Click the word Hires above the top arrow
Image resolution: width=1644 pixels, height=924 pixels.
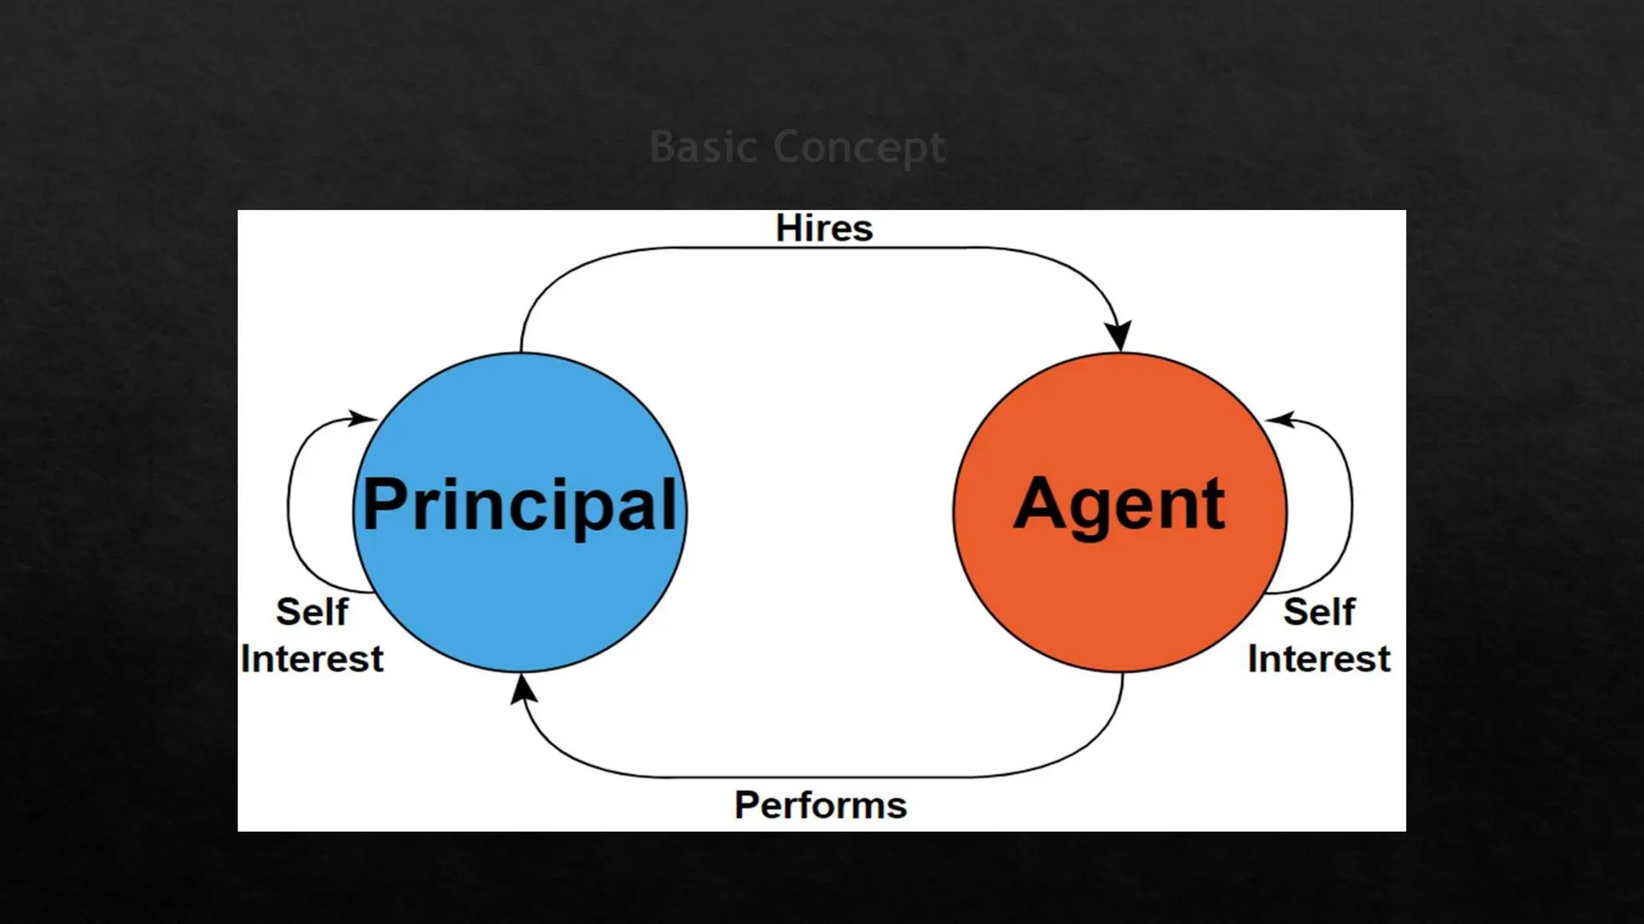click(824, 229)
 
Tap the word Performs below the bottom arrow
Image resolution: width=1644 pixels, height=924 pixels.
click(820, 805)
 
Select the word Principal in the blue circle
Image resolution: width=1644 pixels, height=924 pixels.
click(520, 506)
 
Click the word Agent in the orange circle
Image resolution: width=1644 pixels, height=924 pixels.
click(1120, 506)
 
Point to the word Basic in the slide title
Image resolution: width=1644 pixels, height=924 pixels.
click(703, 148)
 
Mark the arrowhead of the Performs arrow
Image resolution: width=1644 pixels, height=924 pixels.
click(523, 689)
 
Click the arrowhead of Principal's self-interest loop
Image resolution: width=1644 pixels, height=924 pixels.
click(362, 418)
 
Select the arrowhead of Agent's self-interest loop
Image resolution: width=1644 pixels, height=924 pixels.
click(1280, 419)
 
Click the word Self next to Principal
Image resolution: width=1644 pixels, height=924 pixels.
click(312, 612)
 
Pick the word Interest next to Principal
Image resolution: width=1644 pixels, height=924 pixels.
click(311, 659)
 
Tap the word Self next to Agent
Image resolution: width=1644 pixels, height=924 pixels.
click(1319, 612)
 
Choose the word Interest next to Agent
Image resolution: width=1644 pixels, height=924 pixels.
click(1319, 659)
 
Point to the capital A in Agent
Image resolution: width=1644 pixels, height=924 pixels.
click(1040, 504)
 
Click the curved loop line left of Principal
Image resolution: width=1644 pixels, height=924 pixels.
click(289, 505)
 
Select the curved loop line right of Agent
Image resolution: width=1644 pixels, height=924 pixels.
click(1352, 505)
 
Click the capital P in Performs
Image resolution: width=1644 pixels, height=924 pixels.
click(747, 805)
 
